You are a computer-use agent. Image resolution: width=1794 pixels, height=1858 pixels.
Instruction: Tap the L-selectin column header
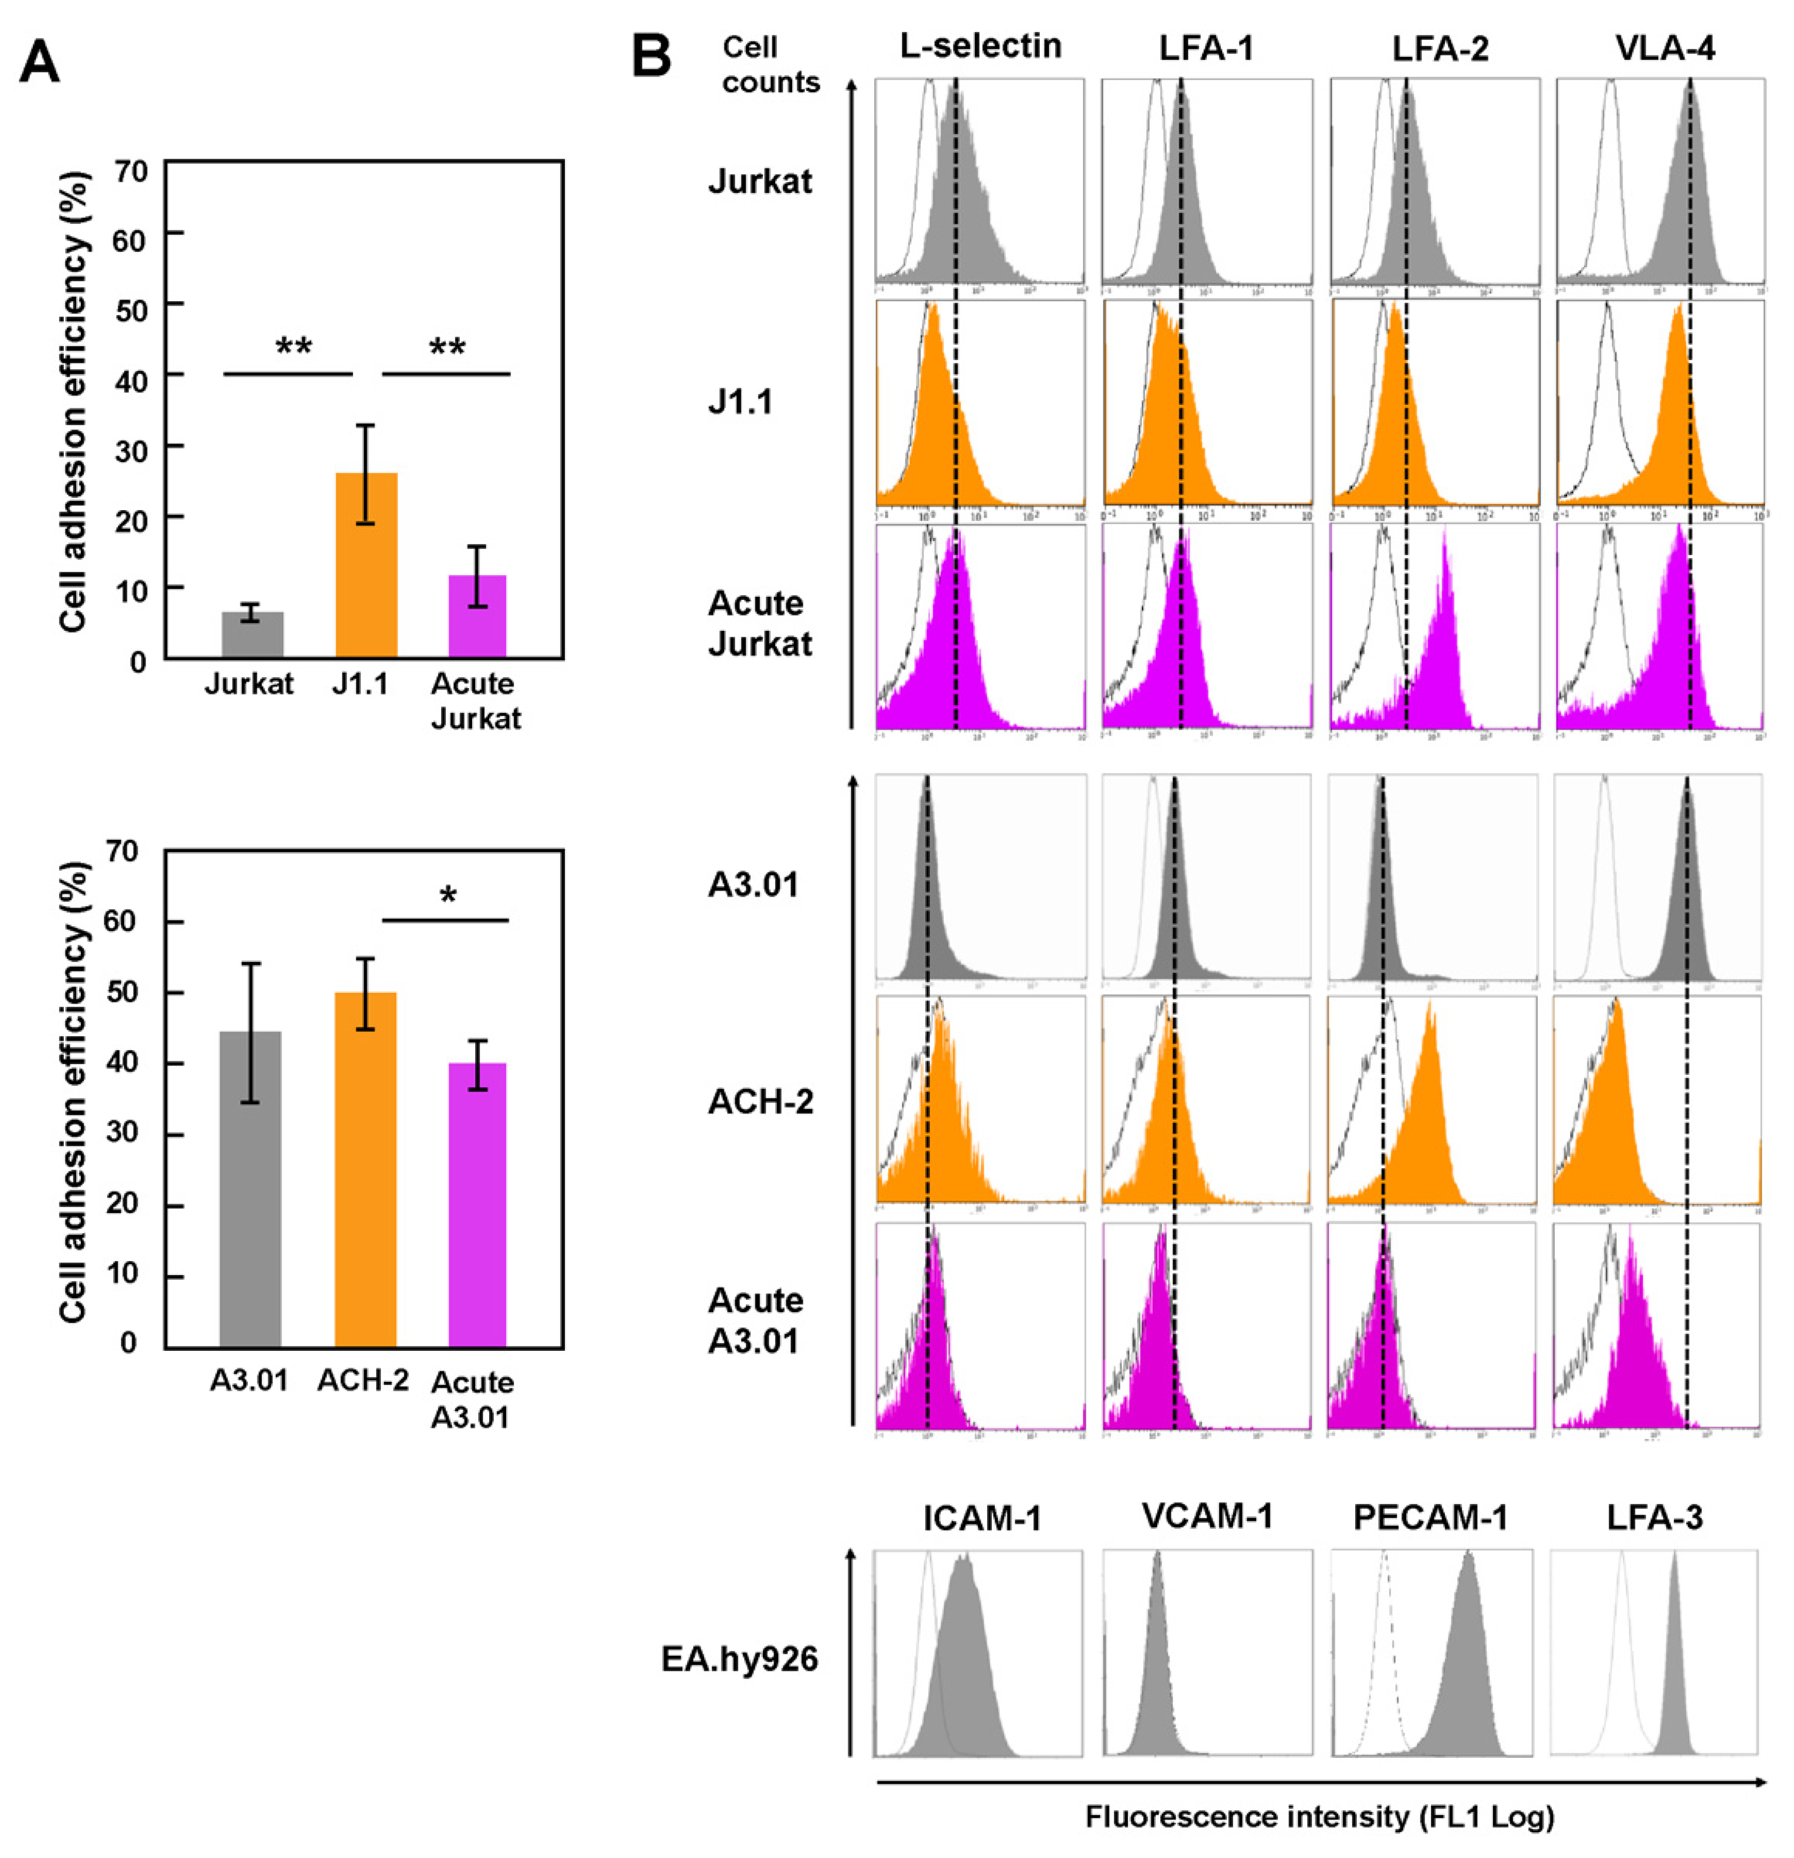point(981,45)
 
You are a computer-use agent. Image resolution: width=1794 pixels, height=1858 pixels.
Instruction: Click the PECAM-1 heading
point(1429,1518)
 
